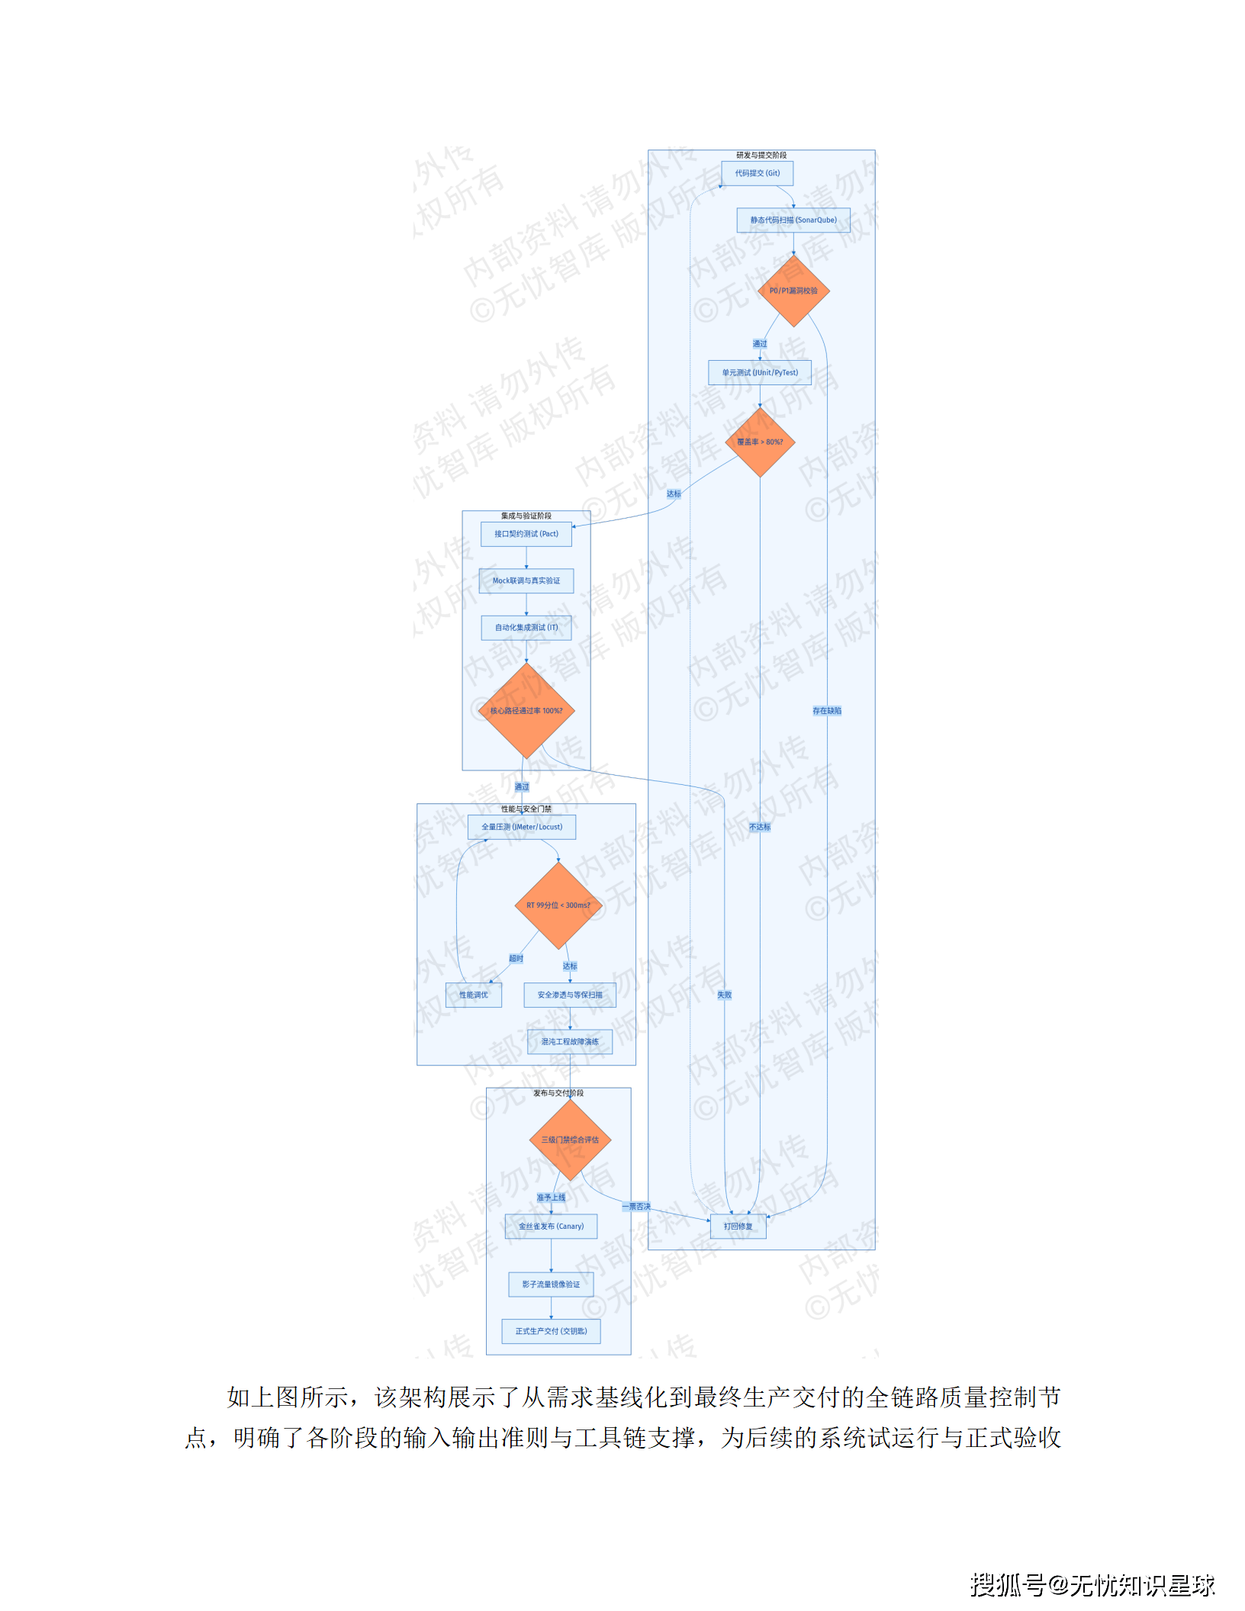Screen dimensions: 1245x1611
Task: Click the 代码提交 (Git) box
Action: coord(757,173)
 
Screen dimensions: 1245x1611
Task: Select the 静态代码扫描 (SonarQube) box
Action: coord(793,220)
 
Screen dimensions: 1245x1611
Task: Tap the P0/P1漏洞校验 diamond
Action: coord(793,291)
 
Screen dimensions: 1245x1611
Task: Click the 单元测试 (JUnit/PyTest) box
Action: coord(760,373)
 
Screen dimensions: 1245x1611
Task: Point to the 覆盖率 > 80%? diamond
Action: coord(760,442)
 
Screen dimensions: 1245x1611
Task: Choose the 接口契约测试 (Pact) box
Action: coord(526,534)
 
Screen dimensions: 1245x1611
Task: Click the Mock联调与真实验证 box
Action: coord(526,581)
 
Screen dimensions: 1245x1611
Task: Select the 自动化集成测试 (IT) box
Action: coord(526,628)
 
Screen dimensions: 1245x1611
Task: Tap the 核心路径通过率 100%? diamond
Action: coord(526,711)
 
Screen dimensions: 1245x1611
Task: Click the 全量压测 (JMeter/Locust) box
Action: coord(522,827)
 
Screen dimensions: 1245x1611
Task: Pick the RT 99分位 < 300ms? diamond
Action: coord(558,905)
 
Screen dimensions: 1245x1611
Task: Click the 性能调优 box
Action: coord(473,995)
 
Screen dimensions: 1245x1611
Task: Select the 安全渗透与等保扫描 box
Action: coord(570,995)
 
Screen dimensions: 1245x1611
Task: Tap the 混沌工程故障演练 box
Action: coord(570,1042)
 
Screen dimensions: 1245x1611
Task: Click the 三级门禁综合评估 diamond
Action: coord(570,1140)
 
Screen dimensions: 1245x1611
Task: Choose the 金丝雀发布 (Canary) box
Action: coord(551,1227)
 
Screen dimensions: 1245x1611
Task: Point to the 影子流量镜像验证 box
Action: coord(551,1285)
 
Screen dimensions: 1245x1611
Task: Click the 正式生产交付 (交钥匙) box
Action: coord(551,1331)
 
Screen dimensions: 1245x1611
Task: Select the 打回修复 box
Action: coord(738,1227)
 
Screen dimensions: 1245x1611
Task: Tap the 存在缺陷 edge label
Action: coord(827,711)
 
